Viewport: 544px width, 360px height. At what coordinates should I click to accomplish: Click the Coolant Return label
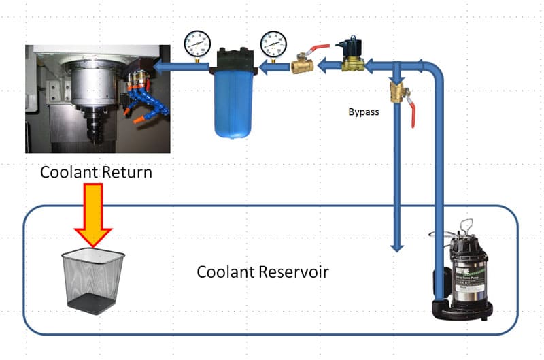click(96, 172)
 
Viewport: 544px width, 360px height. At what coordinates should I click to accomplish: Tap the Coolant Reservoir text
click(262, 272)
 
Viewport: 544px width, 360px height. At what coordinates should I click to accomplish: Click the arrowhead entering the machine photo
click(159, 67)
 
